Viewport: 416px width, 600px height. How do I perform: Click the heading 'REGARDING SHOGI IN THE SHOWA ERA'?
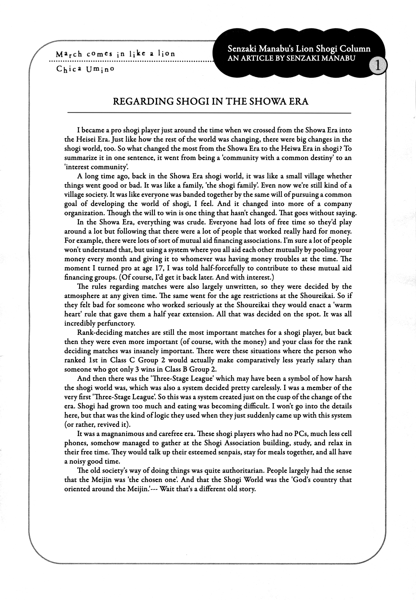tap(211, 101)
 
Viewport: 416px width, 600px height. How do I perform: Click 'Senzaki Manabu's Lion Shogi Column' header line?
tap(299, 49)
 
